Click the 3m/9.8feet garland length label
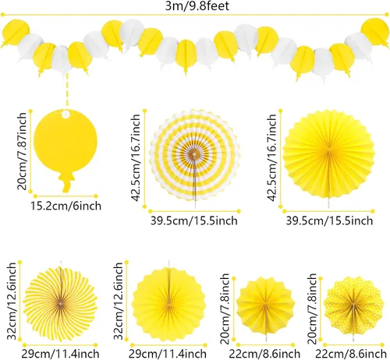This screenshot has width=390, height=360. pos(197,5)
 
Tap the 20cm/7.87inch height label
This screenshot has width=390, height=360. pos(22,151)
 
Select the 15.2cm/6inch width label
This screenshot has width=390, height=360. pos(66,206)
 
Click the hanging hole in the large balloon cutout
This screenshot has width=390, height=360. pos(66,114)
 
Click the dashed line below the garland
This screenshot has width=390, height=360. pos(67,90)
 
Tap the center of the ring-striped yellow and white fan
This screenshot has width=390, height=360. pos(193,155)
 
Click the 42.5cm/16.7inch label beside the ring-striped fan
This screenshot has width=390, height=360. pos(136,157)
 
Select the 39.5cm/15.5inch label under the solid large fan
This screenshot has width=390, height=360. pos(329,221)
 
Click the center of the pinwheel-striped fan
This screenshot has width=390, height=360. pos(60,303)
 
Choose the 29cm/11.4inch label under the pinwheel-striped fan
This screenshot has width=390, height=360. pos(60,354)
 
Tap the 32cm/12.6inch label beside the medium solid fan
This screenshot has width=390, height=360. pos(119,302)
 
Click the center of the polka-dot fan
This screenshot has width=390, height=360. pos(353,305)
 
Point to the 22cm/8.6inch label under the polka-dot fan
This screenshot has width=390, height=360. pos(351,354)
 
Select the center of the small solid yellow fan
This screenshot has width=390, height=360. pos(265,305)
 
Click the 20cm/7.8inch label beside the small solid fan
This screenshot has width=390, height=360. pos(225,309)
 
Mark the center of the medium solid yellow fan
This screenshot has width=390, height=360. pos(169,305)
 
